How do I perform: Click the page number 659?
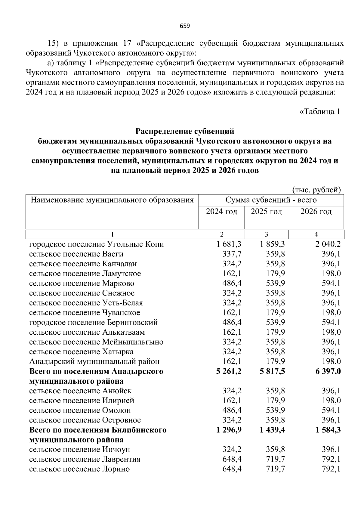click(x=185, y=26)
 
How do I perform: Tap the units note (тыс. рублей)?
click(x=316, y=190)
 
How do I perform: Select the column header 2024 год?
click(x=221, y=212)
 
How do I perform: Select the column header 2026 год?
click(x=316, y=212)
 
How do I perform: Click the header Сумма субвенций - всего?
click(x=271, y=200)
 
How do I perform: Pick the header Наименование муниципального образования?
click(x=112, y=200)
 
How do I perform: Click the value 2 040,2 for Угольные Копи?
click(x=328, y=244)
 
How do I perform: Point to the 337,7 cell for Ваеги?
click(x=232, y=254)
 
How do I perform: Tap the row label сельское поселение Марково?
click(x=82, y=283)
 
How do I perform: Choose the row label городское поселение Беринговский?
click(x=94, y=322)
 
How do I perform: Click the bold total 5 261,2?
click(x=229, y=371)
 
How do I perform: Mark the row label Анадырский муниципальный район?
click(x=94, y=361)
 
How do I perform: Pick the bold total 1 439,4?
click(x=273, y=430)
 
